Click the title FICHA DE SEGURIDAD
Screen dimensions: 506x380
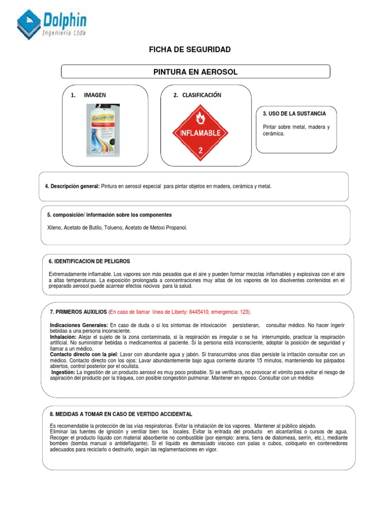(190, 50)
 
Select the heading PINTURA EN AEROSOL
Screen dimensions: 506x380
(195, 72)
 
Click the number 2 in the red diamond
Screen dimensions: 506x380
(200, 150)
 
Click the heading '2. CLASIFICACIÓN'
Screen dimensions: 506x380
(197, 95)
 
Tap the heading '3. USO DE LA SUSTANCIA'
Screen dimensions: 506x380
(294, 114)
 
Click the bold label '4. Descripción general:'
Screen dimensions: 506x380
(72, 186)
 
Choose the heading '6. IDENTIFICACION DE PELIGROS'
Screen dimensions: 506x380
(90, 261)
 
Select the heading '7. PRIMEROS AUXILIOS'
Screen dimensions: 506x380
(78, 312)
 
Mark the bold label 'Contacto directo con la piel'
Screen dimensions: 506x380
(83, 354)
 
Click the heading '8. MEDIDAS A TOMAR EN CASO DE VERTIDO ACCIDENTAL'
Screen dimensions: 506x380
(121, 414)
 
